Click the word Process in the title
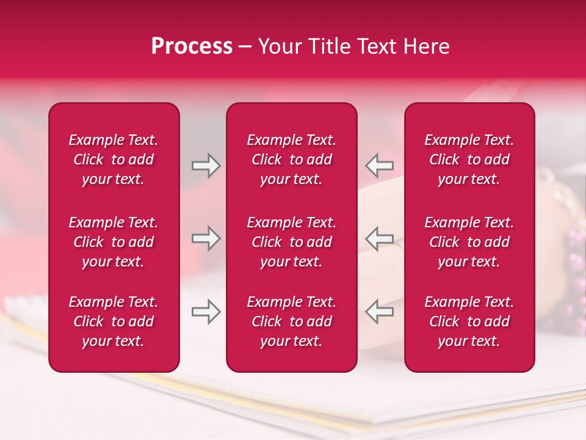tap(192, 46)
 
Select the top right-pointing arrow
tap(206, 166)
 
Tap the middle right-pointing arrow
tap(206, 238)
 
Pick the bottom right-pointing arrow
tap(206, 312)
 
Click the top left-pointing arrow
tap(380, 166)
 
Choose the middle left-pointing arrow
tap(380, 238)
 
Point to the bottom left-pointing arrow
tap(380, 312)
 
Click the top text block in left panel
tap(114, 159)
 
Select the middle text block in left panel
tap(114, 242)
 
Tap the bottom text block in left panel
tap(114, 321)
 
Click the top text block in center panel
tap(291, 159)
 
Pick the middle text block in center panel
tap(291, 242)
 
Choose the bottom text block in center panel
tap(291, 321)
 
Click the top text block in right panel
tap(469, 159)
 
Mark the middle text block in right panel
tap(469, 242)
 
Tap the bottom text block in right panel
tap(469, 321)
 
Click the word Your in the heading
tap(280, 46)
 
